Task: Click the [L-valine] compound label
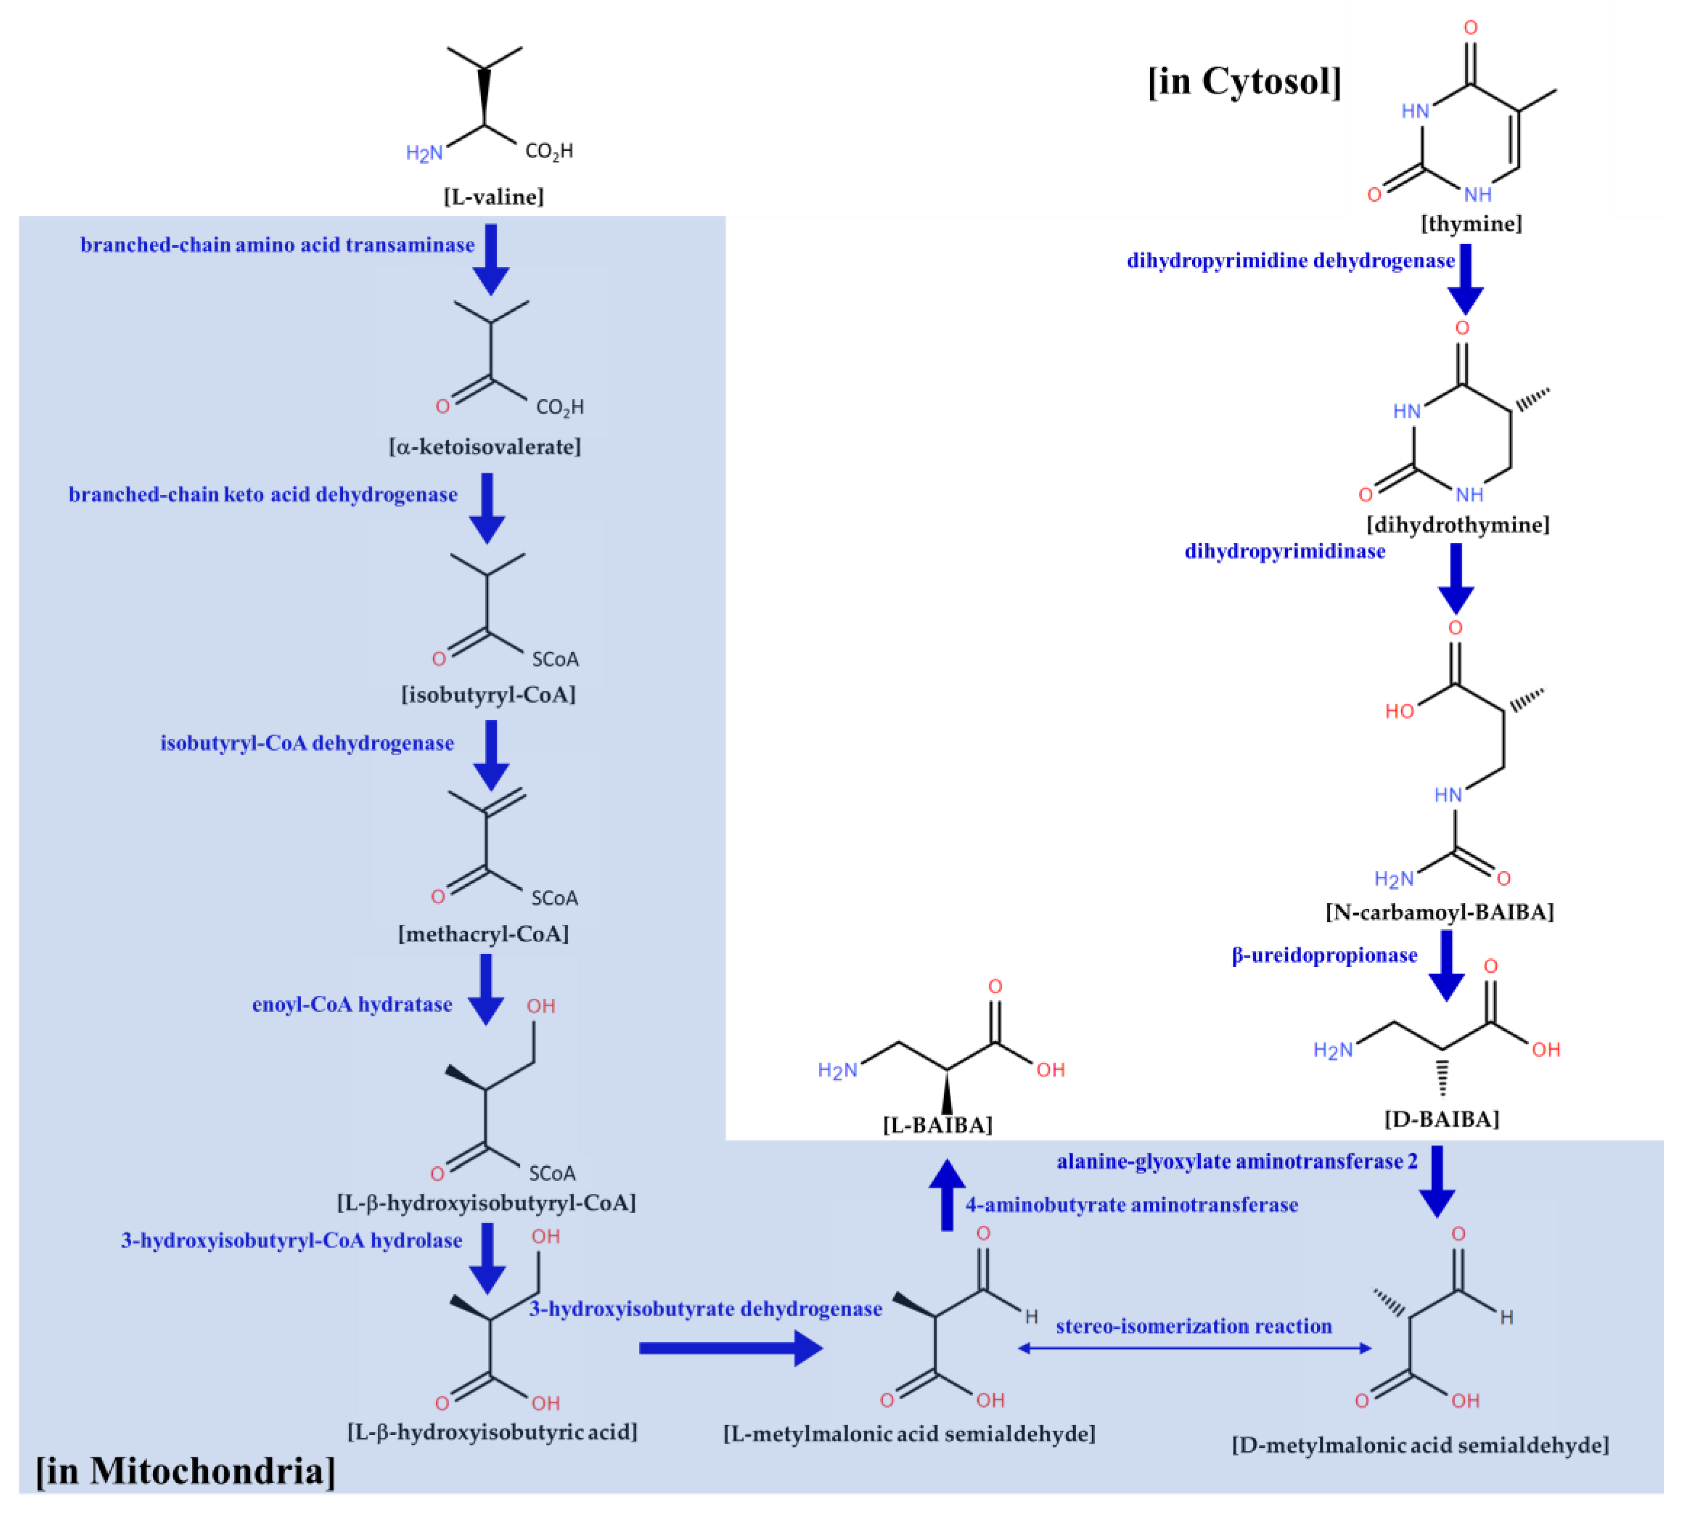494,197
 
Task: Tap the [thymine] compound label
1471,224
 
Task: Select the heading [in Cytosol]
1244,82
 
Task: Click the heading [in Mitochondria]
186,1471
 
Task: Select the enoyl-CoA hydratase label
352,1005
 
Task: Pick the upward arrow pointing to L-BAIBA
947,1194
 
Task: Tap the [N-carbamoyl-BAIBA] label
1439,912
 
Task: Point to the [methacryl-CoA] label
484,934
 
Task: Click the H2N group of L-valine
424,153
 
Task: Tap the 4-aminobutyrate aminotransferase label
1131,1205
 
